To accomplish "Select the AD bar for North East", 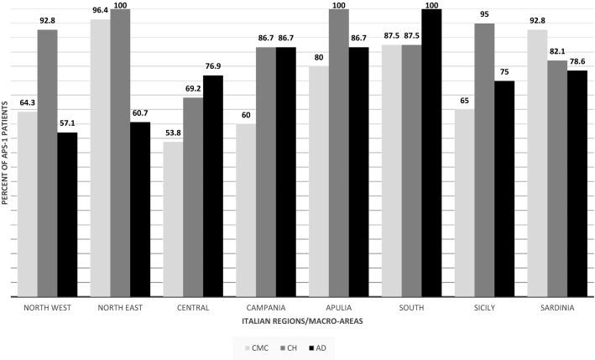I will tap(139, 209).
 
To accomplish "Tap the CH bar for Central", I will tap(194, 197).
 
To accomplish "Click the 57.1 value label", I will tap(68, 124).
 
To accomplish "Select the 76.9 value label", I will tap(213, 67).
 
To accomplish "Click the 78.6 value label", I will tap(576, 62).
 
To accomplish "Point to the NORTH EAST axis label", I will tap(120, 308).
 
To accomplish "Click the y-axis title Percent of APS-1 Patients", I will tap(6, 154).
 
